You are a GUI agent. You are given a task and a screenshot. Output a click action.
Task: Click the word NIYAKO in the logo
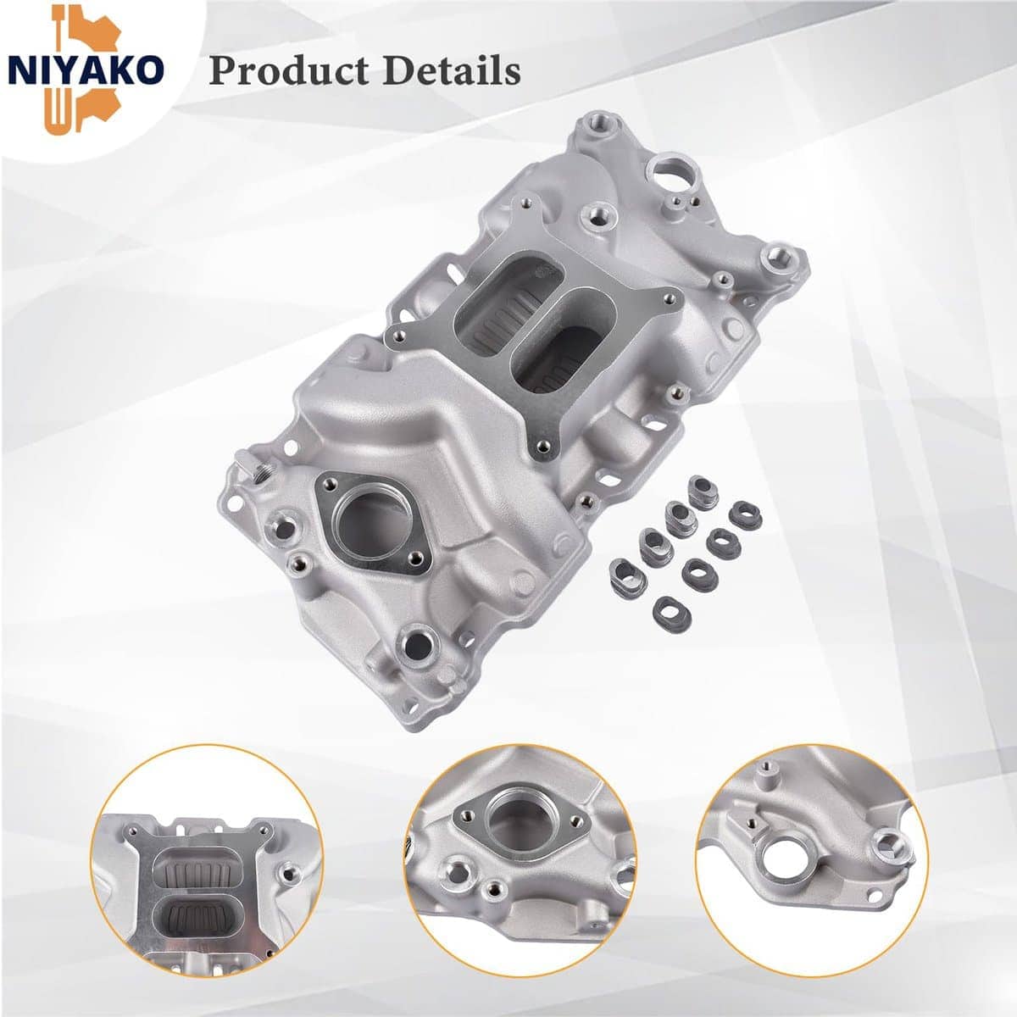[85, 70]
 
